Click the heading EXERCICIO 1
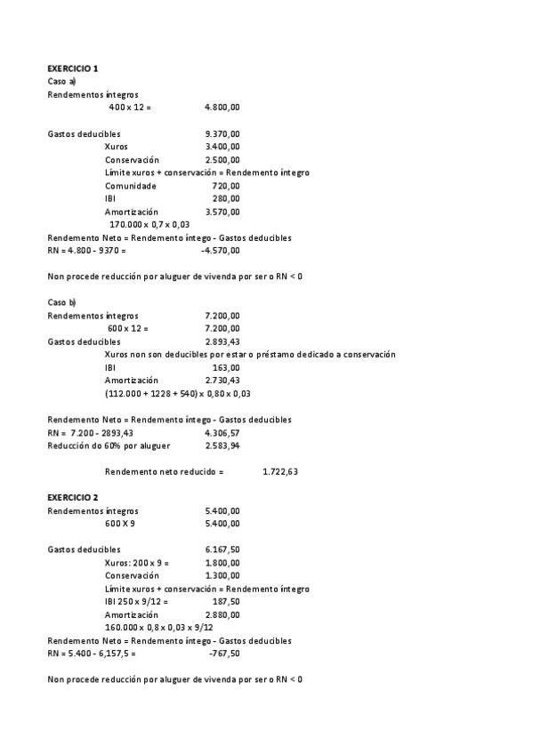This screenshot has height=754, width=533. [73, 68]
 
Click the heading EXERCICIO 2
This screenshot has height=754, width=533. [73, 497]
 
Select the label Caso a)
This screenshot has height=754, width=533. [62, 81]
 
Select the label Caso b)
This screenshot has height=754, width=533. [62, 302]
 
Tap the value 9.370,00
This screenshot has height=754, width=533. [222, 133]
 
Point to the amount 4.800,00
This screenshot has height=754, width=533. [222, 108]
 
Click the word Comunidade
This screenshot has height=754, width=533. [130, 186]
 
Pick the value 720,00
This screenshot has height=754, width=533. [226, 186]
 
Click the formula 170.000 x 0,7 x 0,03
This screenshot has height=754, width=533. [149, 225]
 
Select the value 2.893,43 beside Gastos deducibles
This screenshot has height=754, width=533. [222, 341]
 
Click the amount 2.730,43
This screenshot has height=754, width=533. [222, 381]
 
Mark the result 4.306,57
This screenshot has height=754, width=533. [222, 433]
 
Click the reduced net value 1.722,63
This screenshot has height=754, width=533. [280, 471]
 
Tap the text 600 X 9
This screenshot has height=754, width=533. [120, 524]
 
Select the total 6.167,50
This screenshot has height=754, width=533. [222, 549]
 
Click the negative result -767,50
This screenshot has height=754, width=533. [223, 654]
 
